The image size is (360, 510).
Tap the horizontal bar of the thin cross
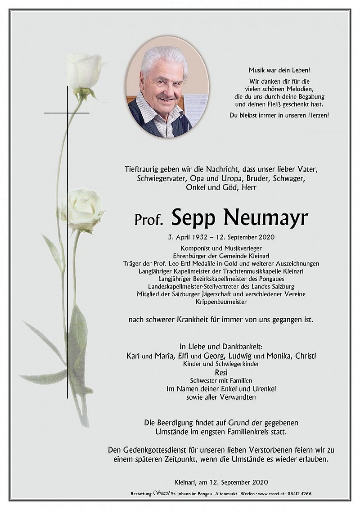(x=67, y=113)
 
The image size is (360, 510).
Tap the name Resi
(x=221, y=372)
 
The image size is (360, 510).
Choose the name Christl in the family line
(x=306, y=356)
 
